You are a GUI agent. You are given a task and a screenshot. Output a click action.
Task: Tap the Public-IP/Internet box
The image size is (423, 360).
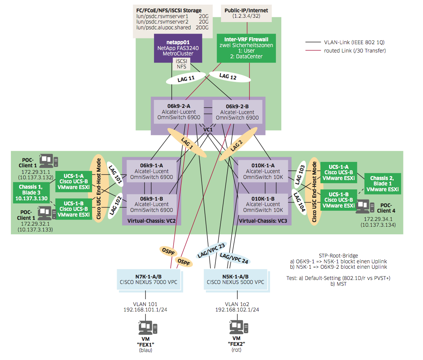[x=246, y=13]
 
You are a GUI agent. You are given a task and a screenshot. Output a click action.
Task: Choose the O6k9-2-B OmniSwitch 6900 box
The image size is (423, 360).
[x=237, y=112]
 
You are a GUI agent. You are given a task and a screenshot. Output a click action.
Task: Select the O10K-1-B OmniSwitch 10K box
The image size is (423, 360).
[x=263, y=204]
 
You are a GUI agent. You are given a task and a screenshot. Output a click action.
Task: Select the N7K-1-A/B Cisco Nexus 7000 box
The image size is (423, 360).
[x=149, y=280]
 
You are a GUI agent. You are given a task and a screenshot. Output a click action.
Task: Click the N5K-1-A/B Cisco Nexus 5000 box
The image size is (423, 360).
[x=235, y=280]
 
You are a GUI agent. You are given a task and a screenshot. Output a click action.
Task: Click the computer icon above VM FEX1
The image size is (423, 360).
[x=148, y=327]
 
